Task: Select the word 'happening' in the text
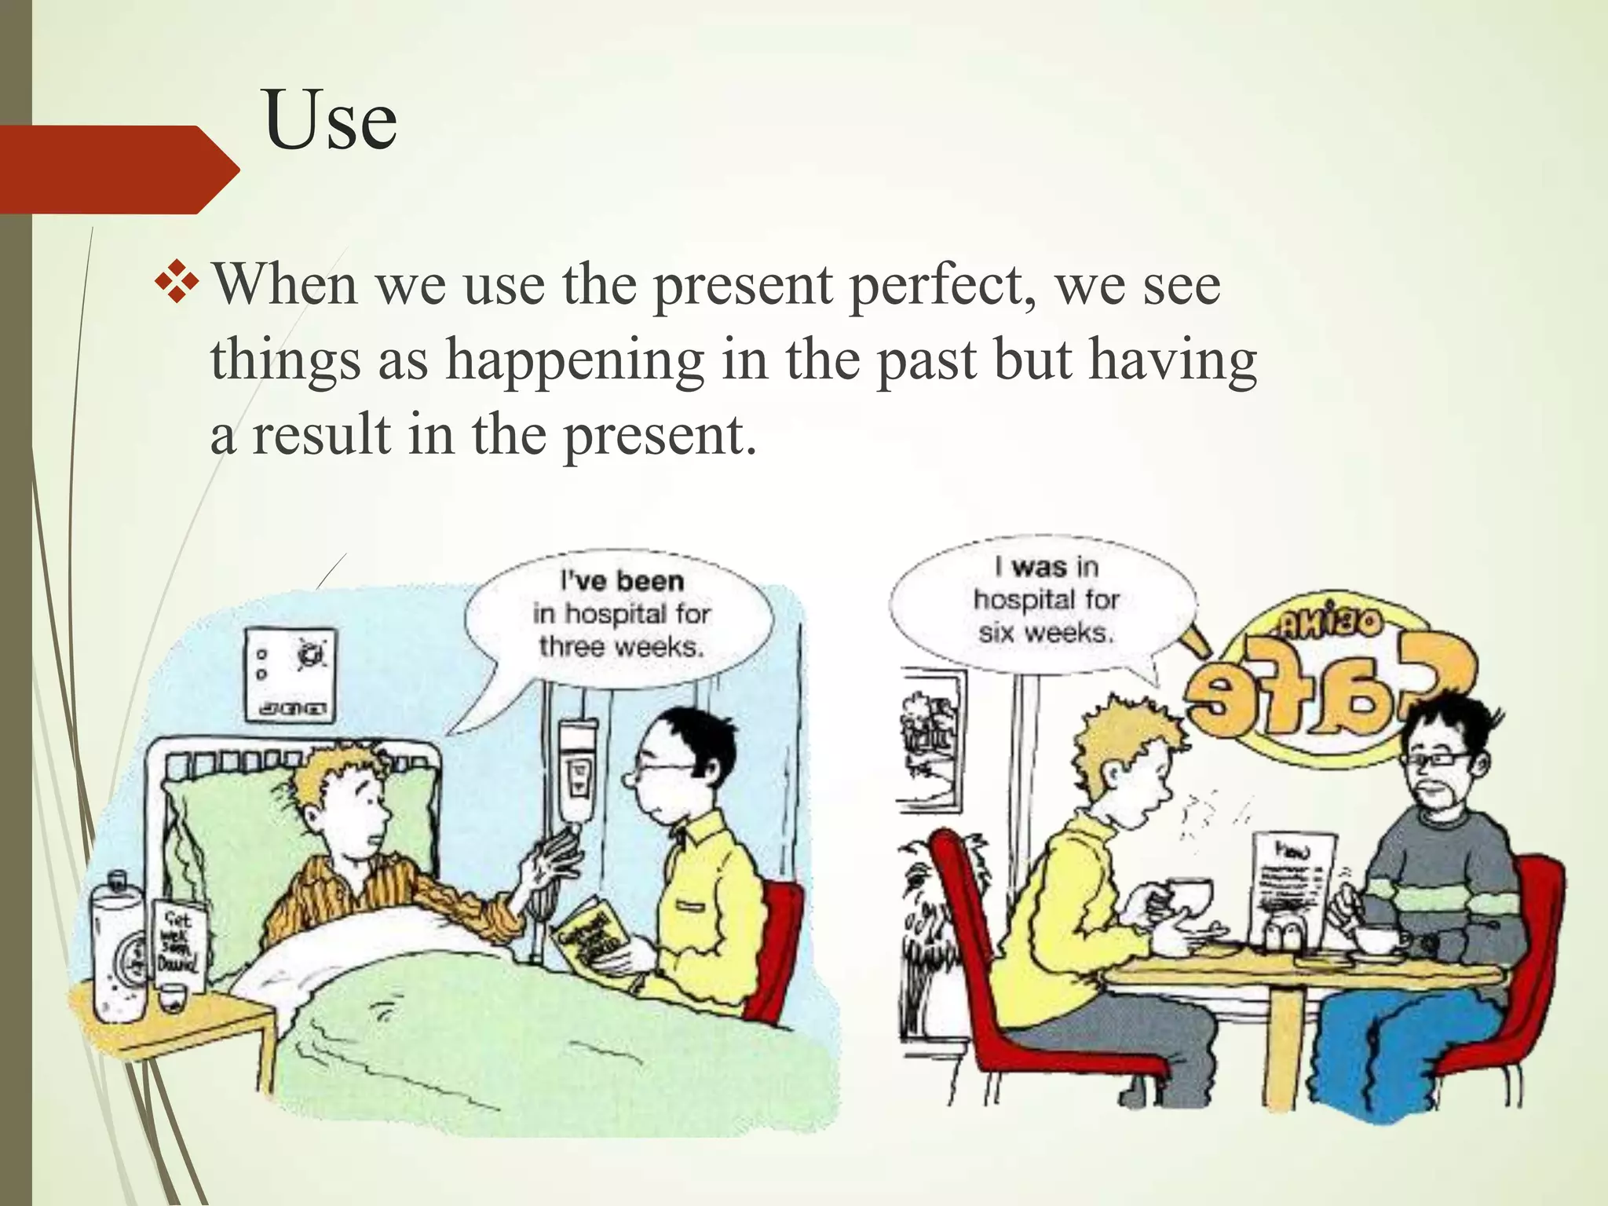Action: tap(575, 361)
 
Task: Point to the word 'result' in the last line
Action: tap(321, 436)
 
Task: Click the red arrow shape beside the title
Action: tap(118, 169)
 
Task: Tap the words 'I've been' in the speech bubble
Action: tap(622, 581)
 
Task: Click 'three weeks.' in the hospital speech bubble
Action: tap(621, 647)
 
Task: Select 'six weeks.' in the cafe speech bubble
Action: tap(1046, 633)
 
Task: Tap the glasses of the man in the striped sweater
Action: tap(1434, 759)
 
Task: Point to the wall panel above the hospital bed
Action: tap(291, 674)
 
